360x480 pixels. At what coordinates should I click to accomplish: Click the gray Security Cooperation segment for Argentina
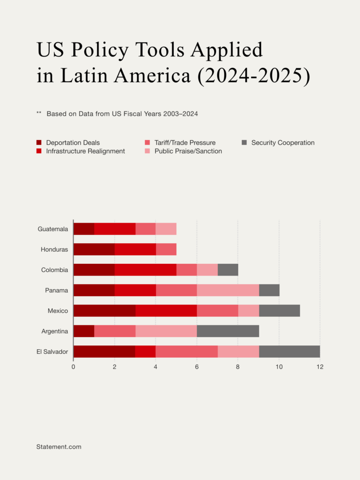pos(228,331)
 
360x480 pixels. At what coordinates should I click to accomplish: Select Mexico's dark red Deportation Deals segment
pos(105,311)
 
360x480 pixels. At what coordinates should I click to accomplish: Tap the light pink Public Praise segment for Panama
pos(228,290)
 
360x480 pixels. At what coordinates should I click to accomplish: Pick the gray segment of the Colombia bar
pos(228,270)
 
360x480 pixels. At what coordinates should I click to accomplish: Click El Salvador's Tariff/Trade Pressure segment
pos(187,352)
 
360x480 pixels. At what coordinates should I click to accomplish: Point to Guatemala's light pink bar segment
pos(166,229)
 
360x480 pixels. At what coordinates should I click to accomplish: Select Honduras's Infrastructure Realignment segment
pos(135,249)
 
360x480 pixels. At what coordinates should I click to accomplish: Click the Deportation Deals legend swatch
pos(39,142)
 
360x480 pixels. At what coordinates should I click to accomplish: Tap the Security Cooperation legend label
pos(283,142)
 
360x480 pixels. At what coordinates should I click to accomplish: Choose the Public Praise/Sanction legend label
pos(188,151)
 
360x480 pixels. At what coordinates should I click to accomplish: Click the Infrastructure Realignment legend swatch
pos(39,151)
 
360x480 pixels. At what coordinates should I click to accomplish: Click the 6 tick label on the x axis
pos(197,367)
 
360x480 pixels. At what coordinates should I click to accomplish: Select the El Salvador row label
pos(52,352)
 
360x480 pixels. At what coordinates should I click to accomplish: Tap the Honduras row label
pos(54,249)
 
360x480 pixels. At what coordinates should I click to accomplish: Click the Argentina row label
pos(55,331)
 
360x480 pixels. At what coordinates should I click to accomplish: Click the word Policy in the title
pos(100,50)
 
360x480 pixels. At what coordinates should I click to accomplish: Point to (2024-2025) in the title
pos(254,75)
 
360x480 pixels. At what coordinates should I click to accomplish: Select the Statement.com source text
pos(59,447)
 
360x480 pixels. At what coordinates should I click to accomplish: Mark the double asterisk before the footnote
pos(39,113)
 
